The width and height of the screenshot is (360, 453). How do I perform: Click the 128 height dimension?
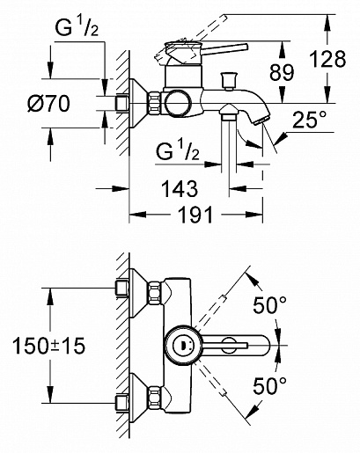[328, 59]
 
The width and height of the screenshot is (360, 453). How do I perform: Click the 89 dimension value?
[282, 72]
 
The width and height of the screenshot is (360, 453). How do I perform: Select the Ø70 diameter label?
[48, 104]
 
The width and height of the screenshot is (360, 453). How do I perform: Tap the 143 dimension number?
[180, 188]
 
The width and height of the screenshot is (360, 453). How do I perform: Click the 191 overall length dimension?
[195, 215]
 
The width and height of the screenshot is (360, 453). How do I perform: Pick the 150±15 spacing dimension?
[48, 346]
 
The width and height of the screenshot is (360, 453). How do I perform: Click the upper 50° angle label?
[270, 304]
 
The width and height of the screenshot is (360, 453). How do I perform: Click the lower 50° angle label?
[270, 385]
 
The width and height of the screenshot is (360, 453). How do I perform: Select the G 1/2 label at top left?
[77, 28]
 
